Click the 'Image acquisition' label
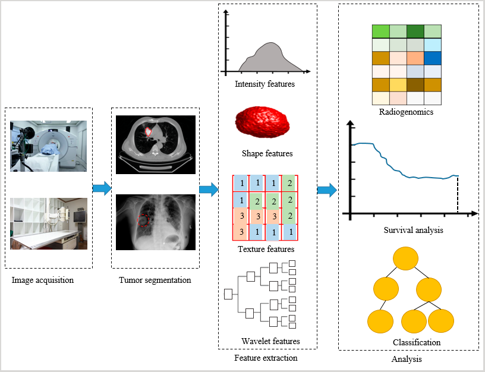tap(43, 280)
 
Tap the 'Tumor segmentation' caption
tap(155, 280)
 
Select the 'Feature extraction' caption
tap(266, 358)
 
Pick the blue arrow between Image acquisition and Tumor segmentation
tap(102, 188)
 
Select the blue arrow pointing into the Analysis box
tap(327, 190)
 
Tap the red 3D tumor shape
tap(263, 122)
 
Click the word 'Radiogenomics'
tap(406, 112)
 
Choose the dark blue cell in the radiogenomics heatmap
tap(433, 58)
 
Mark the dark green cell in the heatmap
tap(415, 31)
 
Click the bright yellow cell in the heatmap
tap(398, 85)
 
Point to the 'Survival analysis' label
tap(413, 230)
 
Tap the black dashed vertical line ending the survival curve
tap(458, 194)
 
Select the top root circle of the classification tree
tap(405, 258)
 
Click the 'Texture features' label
tap(266, 249)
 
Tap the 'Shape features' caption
tap(267, 153)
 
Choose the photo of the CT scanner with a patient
tap(48, 146)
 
